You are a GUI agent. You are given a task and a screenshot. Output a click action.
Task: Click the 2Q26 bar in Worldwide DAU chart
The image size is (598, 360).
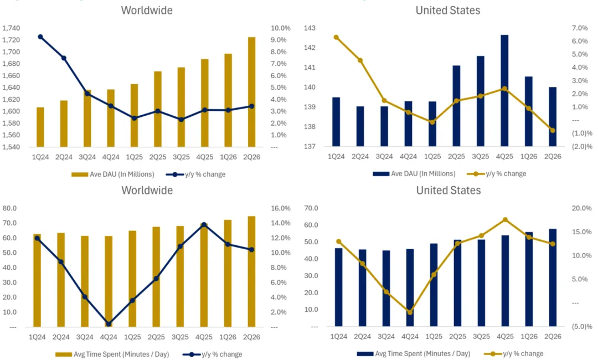click(x=251, y=92)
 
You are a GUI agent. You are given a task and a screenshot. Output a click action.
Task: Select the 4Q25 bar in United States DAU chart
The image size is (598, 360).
click(x=504, y=91)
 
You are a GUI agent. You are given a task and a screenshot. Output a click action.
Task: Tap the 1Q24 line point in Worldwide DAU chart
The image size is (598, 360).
click(x=40, y=37)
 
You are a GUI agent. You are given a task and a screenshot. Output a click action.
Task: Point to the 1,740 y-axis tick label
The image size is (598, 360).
click(x=11, y=28)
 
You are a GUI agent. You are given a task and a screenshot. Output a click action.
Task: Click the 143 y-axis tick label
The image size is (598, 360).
click(x=310, y=28)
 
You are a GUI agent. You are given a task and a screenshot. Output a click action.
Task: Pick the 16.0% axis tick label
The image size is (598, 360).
click(x=281, y=208)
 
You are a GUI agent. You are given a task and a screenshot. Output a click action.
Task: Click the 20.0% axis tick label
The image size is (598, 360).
click(x=581, y=208)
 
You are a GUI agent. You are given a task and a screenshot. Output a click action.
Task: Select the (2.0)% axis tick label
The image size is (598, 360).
click(x=581, y=146)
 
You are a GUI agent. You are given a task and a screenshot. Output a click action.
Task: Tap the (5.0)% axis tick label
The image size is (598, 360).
click(x=581, y=326)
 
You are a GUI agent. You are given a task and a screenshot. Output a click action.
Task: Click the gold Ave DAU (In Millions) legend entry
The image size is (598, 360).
click(x=113, y=174)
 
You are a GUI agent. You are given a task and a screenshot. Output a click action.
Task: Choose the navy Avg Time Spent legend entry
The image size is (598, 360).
click(x=414, y=354)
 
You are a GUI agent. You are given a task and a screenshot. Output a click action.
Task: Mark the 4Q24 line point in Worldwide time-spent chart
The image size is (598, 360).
click(x=109, y=324)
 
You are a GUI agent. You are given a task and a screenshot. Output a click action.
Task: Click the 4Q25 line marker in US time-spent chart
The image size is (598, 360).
click(x=505, y=220)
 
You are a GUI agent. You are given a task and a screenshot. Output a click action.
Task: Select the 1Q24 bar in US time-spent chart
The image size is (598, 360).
click(x=339, y=287)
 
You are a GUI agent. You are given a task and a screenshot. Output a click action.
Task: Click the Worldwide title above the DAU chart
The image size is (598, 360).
click(x=147, y=11)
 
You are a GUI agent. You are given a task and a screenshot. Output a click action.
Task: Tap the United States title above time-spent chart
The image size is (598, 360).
click(x=448, y=191)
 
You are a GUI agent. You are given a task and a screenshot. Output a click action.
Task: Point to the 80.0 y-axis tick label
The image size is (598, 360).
click(x=9, y=208)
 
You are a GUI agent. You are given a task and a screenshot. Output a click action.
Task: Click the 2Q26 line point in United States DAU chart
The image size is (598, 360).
click(x=552, y=130)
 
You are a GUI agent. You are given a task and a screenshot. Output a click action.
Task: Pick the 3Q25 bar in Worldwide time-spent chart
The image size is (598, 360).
click(x=180, y=276)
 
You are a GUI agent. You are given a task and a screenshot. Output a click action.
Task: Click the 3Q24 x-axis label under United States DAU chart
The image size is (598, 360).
click(x=384, y=156)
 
